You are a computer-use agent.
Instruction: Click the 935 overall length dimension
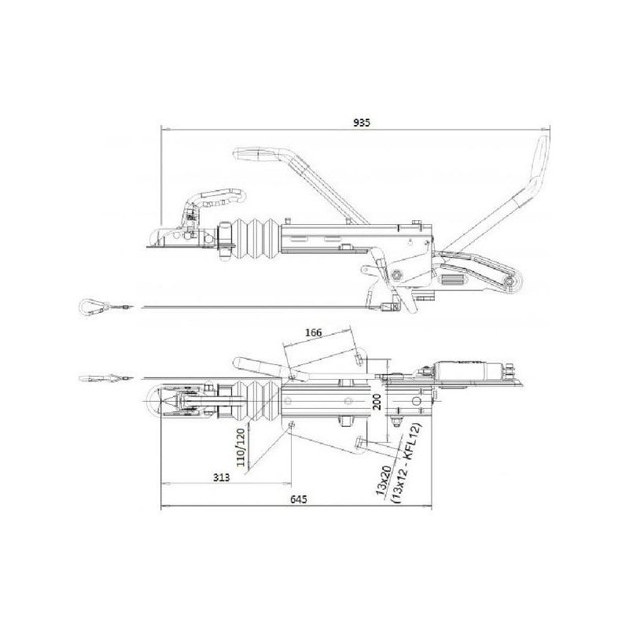[362, 123]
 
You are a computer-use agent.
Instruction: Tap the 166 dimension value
[313, 333]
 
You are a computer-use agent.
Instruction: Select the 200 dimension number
[377, 402]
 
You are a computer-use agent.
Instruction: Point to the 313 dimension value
[222, 477]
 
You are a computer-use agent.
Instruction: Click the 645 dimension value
[299, 499]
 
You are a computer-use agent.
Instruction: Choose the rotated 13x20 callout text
[383, 480]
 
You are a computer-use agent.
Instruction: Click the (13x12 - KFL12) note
[406, 462]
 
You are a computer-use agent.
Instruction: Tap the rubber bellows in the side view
[257, 240]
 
